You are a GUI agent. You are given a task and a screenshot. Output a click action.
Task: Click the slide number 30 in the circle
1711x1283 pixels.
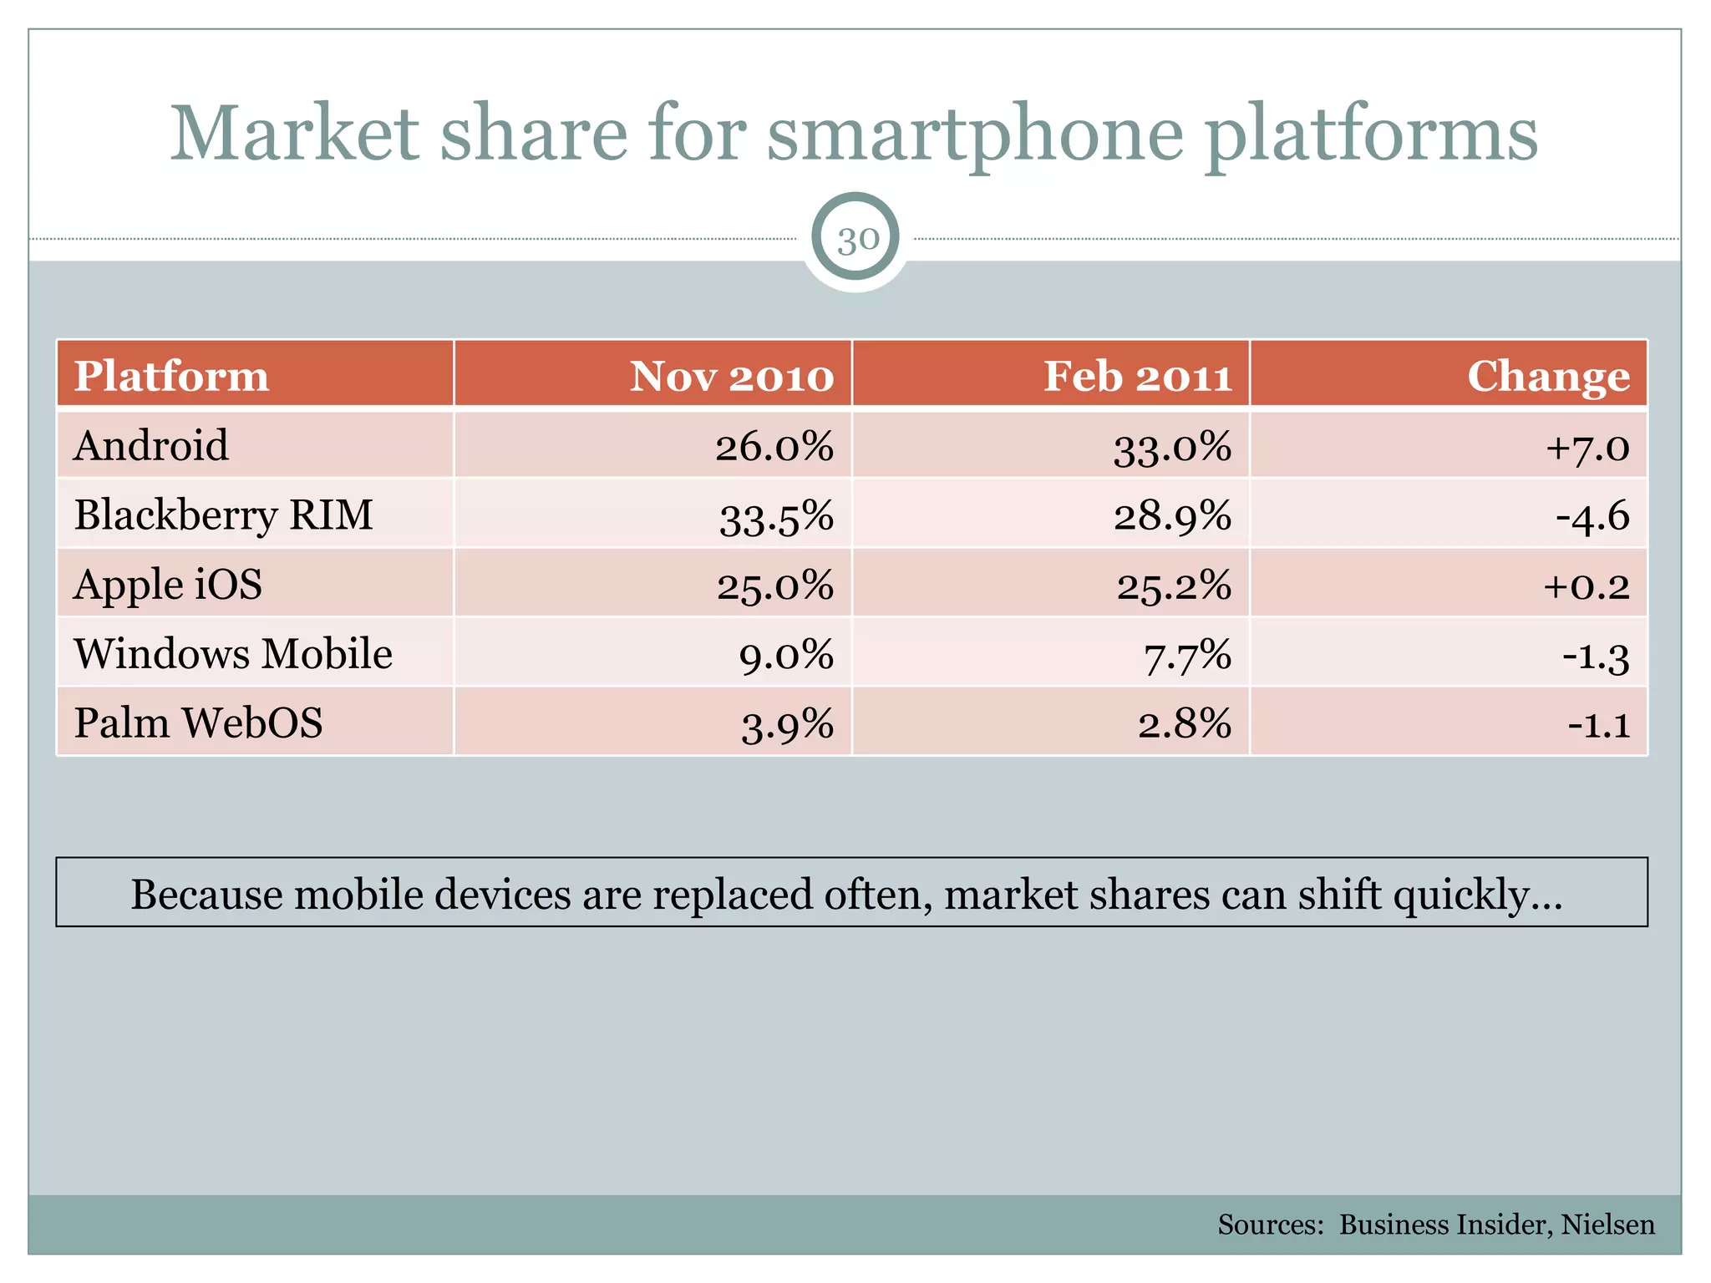point(857,240)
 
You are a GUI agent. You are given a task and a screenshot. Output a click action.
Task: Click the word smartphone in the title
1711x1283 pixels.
point(975,134)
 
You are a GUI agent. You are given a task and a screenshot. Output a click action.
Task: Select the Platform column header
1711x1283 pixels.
point(171,376)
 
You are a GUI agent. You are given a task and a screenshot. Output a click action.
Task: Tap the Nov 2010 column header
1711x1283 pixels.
point(731,376)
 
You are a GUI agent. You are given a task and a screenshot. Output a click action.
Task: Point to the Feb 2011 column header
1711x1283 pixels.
point(1137,376)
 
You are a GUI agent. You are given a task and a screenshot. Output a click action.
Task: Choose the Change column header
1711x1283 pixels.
point(1547,376)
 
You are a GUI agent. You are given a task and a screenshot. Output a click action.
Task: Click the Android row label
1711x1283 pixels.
point(150,445)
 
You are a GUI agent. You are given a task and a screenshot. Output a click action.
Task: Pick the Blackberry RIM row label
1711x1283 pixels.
point(223,515)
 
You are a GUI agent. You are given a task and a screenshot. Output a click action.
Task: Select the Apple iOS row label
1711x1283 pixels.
point(168,584)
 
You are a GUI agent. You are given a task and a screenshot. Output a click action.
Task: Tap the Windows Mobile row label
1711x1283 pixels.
point(233,653)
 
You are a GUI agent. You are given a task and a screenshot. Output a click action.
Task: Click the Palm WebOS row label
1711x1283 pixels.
point(198,723)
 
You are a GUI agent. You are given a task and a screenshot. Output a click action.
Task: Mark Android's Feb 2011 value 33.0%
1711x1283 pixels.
point(1171,447)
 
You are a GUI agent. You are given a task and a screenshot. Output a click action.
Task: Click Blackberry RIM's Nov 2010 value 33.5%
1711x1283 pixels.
point(776,517)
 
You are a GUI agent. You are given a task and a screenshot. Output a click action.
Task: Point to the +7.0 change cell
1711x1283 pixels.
point(1587,447)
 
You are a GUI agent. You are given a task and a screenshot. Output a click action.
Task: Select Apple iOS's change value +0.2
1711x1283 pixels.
point(1586,586)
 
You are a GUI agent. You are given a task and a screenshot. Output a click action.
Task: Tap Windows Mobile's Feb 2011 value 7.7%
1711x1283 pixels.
point(1186,655)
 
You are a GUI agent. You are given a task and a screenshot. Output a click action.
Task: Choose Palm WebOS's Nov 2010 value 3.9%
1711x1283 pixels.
point(787,724)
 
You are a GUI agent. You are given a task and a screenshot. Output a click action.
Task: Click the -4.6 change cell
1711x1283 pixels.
point(1592,516)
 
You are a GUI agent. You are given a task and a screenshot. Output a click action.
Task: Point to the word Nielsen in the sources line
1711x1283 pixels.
point(1607,1225)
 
